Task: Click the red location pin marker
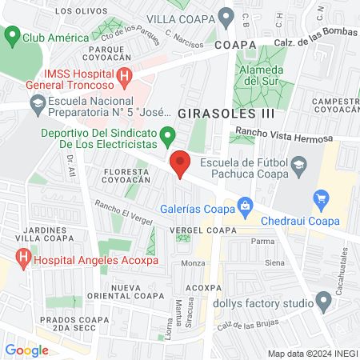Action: click(x=181, y=164)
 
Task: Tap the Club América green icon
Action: click(x=11, y=37)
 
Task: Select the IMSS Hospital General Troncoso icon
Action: click(x=125, y=77)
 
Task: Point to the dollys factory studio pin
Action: click(x=324, y=302)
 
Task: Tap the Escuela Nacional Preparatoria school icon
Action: click(x=37, y=103)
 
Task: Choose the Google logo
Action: click(x=26, y=350)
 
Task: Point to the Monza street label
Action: click(x=194, y=263)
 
